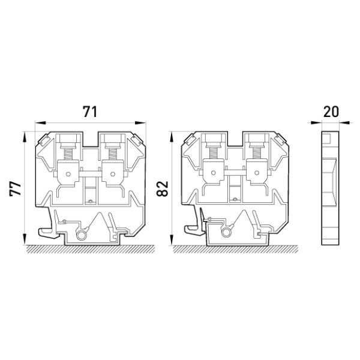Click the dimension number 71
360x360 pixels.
(x=90, y=112)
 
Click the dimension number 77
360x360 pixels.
(x=16, y=188)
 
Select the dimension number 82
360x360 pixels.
(x=163, y=189)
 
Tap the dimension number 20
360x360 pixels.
(x=331, y=112)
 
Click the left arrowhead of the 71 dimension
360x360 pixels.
(x=41, y=123)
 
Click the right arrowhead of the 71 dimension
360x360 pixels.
(x=140, y=123)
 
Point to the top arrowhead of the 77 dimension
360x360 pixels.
(x=25, y=137)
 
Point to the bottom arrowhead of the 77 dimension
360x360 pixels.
(x=25, y=239)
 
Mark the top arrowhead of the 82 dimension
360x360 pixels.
(x=171, y=137)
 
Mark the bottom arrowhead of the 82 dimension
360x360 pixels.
(x=171, y=240)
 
